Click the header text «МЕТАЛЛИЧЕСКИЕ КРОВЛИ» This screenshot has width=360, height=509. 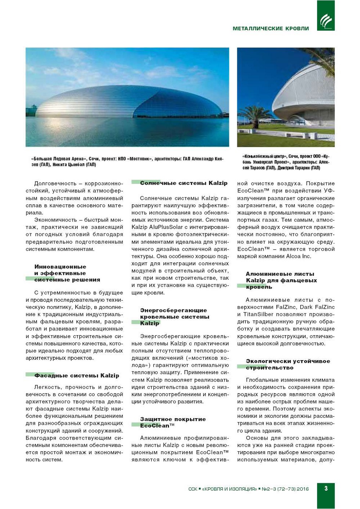click(x=271, y=29)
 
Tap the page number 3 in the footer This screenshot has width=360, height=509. click(x=326, y=488)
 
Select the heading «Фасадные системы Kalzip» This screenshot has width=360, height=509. click(x=76, y=376)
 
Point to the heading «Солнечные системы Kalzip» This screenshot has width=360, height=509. click(x=183, y=183)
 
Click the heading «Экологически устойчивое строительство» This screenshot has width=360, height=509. click(x=288, y=364)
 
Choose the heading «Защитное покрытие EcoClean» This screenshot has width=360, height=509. click(x=173, y=422)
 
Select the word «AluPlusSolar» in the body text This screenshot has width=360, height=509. click(x=166, y=227)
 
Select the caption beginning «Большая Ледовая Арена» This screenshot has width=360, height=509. click(x=127, y=162)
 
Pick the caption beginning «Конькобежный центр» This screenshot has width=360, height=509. click(x=286, y=162)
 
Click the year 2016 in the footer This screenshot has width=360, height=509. click(x=302, y=489)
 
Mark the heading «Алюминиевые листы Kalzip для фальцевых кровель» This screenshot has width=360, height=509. click(x=281, y=280)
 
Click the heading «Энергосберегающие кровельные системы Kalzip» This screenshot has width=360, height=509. click(x=174, y=316)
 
